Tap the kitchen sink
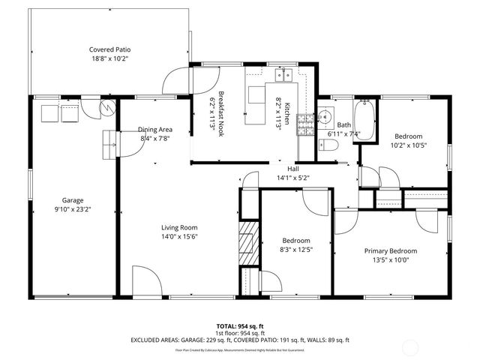pos(283,74)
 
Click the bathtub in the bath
pos(366,118)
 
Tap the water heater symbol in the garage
pos(109,109)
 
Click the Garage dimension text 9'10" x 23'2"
pos(73,210)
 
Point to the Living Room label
pos(179,227)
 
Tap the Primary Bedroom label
pos(390,251)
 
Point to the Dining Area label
pos(156,129)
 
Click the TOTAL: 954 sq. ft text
pos(240,326)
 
